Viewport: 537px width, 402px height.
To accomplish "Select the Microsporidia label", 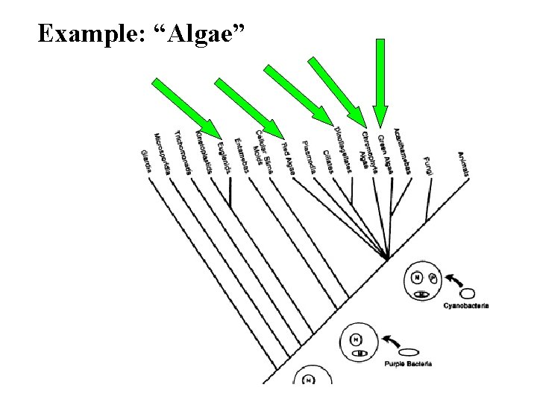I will (163, 154).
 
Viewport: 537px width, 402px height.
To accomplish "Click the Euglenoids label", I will (222, 156).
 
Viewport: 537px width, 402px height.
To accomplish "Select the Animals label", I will (464, 164).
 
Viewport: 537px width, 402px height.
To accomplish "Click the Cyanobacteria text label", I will (466, 305).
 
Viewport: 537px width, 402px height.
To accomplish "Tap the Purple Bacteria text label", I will (409, 363).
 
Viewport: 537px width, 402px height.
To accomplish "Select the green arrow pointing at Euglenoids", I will (186, 108).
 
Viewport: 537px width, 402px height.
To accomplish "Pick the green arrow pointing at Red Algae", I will (250, 109).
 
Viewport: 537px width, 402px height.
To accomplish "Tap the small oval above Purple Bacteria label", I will (409, 351).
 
